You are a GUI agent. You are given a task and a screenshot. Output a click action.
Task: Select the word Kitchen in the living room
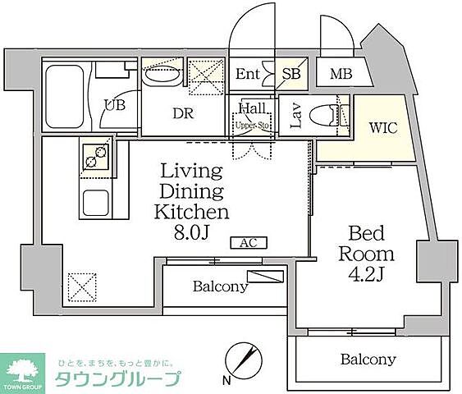(x=191, y=211)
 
